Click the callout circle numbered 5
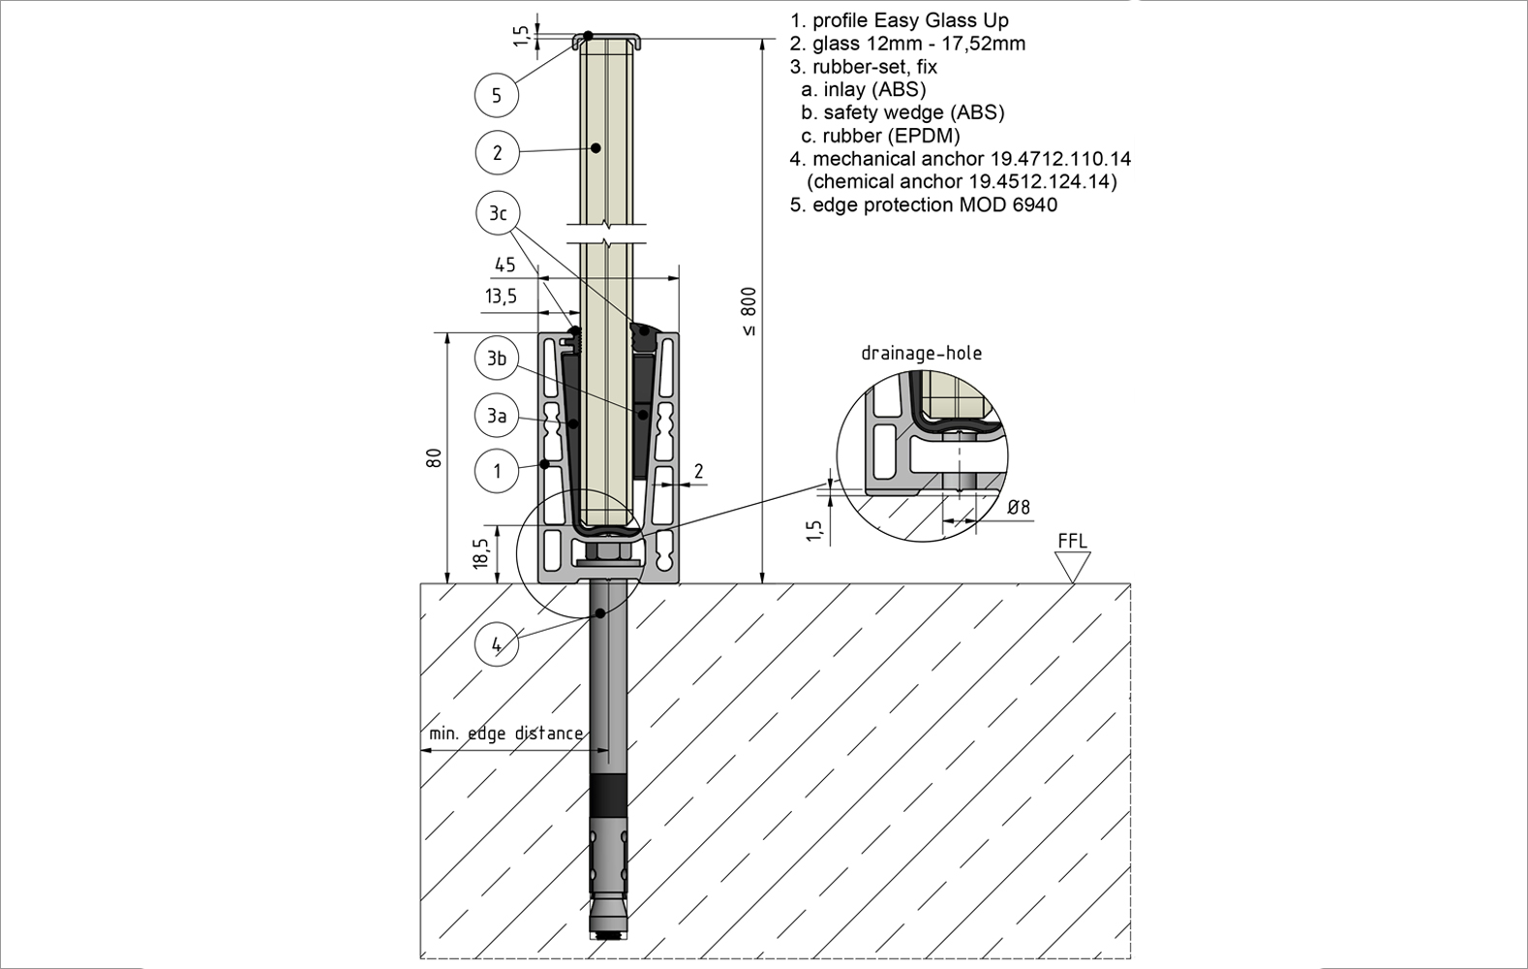497,95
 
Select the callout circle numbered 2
498,152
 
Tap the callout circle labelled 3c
498,213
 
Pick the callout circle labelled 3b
497,359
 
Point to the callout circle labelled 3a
497,416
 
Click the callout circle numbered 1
498,472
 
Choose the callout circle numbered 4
497,644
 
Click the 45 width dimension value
504,265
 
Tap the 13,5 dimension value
501,297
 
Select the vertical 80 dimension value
435,457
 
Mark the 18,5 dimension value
481,553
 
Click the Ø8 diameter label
1019,507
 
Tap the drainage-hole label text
921,353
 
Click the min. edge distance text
505,734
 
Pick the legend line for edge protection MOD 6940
924,204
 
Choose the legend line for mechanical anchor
961,159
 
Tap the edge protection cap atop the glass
607,39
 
